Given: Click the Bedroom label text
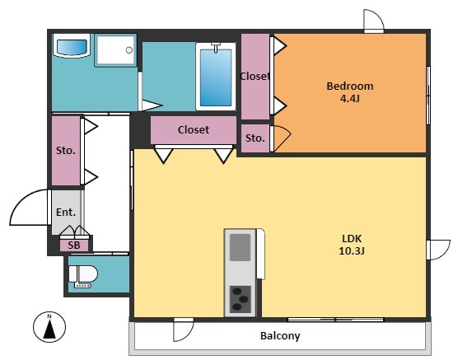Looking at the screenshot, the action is tap(349, 86).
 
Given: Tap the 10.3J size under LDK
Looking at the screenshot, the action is tap(352, 250).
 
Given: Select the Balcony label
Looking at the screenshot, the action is tap(280, 336).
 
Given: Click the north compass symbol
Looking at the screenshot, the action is tap(49, 327).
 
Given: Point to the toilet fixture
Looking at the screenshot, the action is tap(83, 276).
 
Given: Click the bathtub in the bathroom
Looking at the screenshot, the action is tap(216, 77).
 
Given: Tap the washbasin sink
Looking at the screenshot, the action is tap(72, 46).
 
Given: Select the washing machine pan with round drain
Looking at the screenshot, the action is tap(115, 50).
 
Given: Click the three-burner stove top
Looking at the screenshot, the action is tap(240, 299).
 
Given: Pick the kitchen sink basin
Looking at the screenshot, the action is tap(240, 247).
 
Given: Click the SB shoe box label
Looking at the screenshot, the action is tap(74, 245).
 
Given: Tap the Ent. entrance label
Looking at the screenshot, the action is tap(66, 213).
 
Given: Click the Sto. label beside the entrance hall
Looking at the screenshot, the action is tap(66, 151).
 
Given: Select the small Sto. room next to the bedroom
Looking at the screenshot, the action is tap(255, 138).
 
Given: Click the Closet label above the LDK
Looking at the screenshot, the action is tap(194, 129).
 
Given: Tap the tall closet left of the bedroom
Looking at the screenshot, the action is tap(255, 77).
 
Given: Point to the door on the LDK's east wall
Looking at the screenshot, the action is tap(438, 250).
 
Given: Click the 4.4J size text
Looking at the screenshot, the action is tap(349, 99).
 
